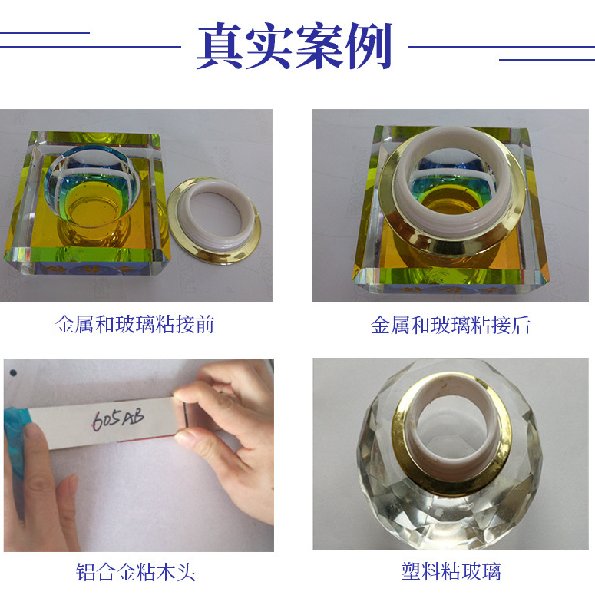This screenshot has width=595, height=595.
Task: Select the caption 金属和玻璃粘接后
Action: pos(451,325)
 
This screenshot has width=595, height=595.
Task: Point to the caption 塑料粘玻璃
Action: pos(451,572)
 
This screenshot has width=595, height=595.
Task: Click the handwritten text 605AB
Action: pos(117,419)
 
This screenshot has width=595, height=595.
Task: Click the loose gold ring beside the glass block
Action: pos(214,220)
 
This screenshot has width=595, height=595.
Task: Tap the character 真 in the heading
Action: pos(220,47)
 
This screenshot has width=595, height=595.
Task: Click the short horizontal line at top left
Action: pos(45,33)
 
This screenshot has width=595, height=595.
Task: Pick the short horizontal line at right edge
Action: pos(547,60)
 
